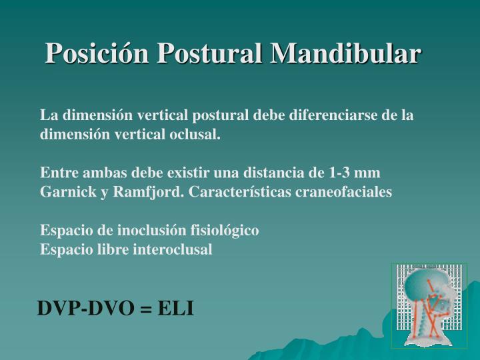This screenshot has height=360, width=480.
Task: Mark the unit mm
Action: pyautogui.click(x=368, y=173)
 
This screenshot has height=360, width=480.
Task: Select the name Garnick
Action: pyautogui.click(x=66, y=192)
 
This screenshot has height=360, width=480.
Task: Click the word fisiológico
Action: pyautogui.click(x=226, y=231)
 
